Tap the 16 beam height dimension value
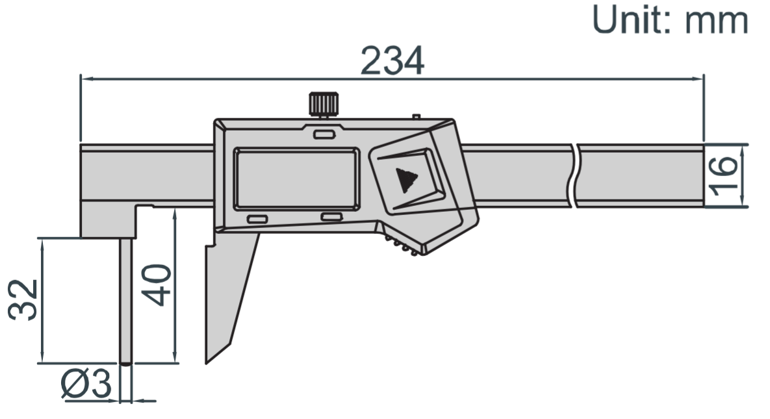(x=723, y=176)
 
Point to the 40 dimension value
(x=157, y=284)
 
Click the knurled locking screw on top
(x=323, y=103)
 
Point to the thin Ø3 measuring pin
(x=126, y=299)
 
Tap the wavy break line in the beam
(x=575, y=176)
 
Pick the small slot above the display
(x=323, y=135)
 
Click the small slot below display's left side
(x=256, y=220)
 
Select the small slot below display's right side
(x=331, y=217)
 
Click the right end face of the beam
(x=703, y=176)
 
